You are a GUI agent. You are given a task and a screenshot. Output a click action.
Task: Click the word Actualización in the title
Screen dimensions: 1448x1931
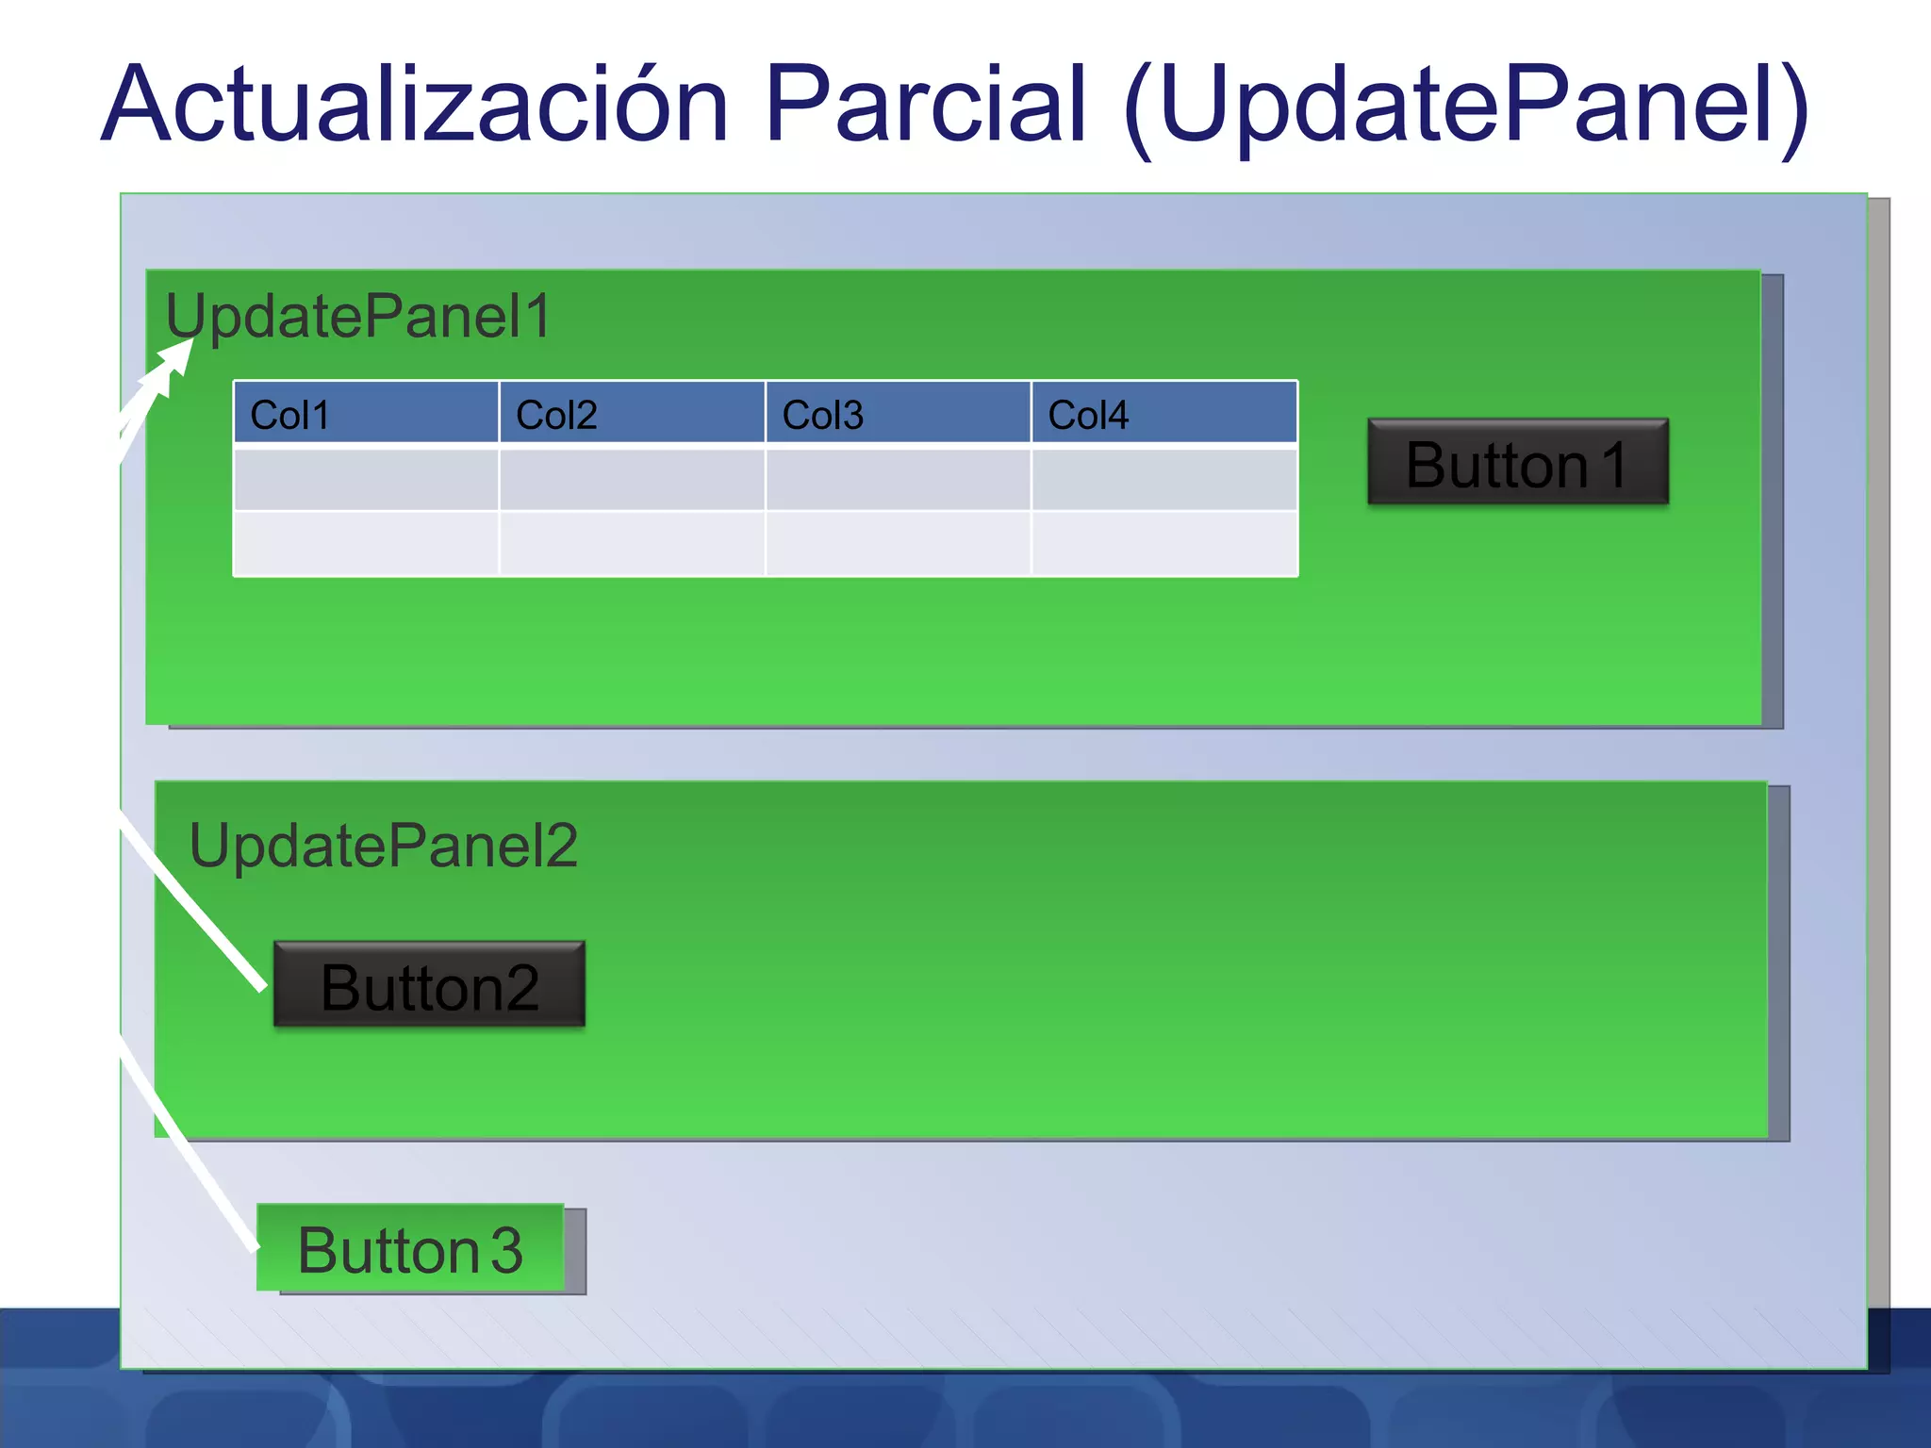415,104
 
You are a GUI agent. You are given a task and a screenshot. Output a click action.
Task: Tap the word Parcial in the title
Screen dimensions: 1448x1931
926,104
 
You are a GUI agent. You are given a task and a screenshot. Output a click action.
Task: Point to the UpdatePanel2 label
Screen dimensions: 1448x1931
383,846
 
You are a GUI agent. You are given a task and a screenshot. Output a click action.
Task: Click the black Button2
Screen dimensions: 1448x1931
429,984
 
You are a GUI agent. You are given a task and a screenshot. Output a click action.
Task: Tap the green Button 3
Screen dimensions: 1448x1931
410,1248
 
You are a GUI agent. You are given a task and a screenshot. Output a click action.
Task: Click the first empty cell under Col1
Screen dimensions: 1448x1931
366,480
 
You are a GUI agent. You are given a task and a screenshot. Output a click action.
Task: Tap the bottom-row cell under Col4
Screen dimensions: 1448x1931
1164,543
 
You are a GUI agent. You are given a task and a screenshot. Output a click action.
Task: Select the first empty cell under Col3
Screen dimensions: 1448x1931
898,480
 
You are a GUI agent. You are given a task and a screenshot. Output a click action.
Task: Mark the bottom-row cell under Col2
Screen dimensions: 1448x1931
632,543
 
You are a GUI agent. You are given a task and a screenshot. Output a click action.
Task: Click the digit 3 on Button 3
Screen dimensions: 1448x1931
506,1250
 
